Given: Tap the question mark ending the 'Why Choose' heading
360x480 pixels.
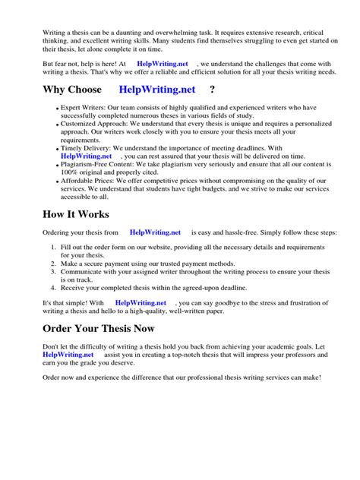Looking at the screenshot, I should pyautogui.click(x=212, y=90).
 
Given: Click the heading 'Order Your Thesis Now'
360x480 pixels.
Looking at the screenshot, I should pyautogui.click(x=99, y=329).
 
